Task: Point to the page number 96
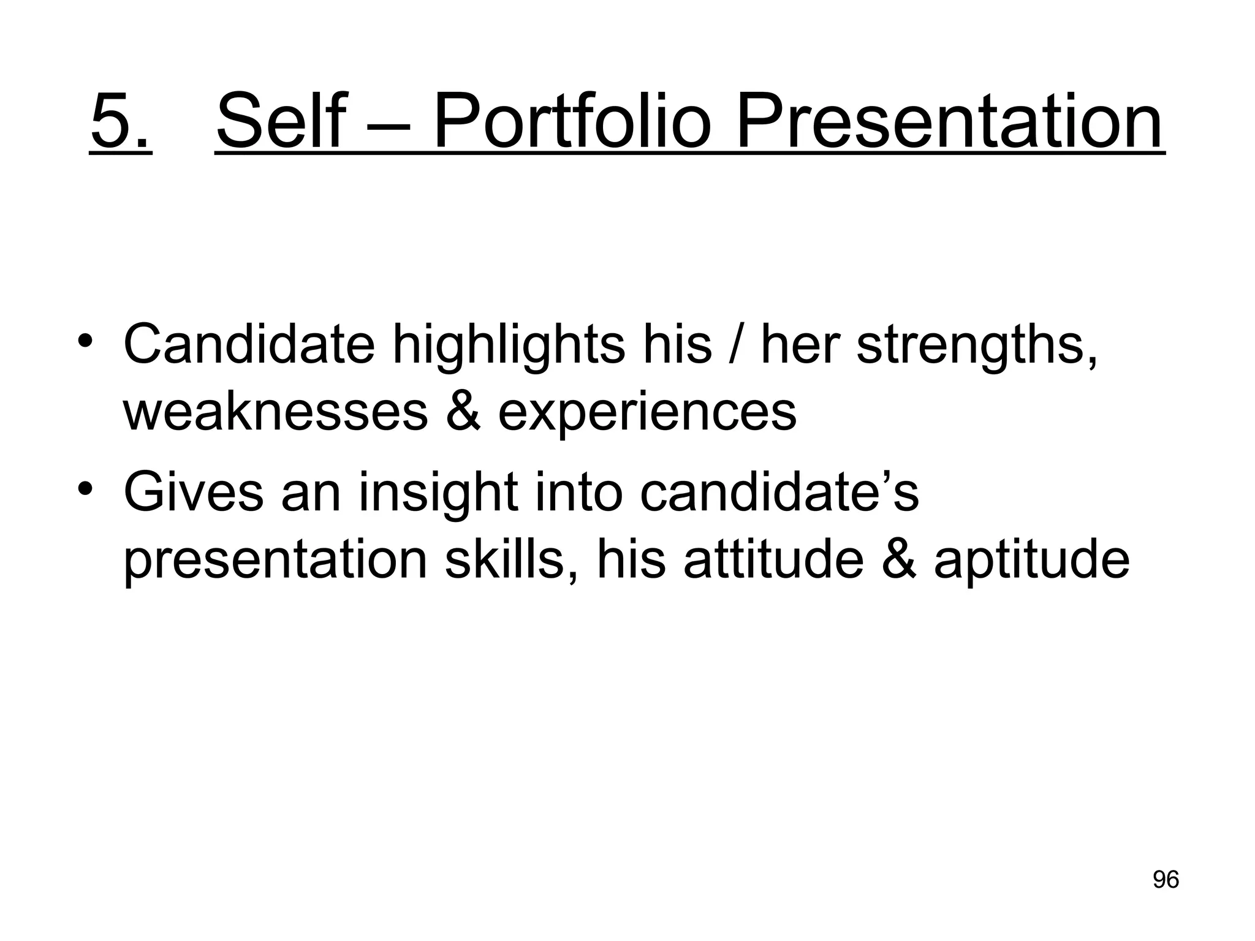(1166, 880)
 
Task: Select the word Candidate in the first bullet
(249, 344)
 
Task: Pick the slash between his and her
(737, 346)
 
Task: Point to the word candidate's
(779, 493)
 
